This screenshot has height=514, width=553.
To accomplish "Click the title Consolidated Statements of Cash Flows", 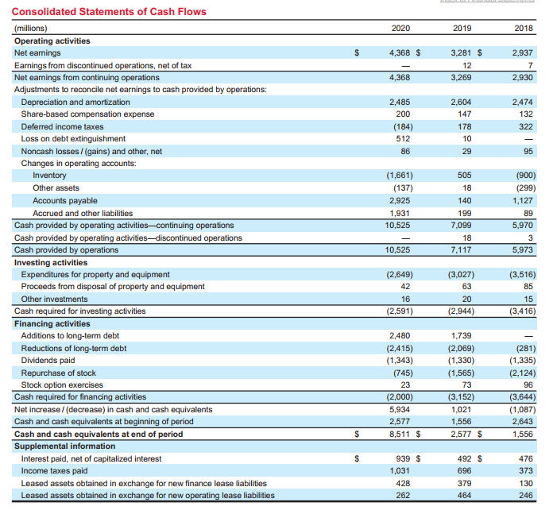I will pos(109,12).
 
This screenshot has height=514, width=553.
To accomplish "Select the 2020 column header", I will pos(400,29).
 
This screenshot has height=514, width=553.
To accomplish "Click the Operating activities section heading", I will pos(52,41).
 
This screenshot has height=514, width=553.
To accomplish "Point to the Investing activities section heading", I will pos(51,262).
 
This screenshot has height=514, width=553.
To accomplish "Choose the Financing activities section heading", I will pos(52,323).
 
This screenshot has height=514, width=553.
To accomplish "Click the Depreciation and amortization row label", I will pos(75,102).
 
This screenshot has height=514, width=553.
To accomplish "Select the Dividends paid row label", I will pos(48,361).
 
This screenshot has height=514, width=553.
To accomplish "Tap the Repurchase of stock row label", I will pos(58,373).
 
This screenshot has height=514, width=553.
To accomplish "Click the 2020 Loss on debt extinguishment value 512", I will pos(403,139).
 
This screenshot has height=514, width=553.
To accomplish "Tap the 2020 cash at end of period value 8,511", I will pos(398,435).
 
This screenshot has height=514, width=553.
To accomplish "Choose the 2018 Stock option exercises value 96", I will pos(529,385).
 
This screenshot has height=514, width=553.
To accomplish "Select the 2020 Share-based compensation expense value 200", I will pos(403,114).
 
